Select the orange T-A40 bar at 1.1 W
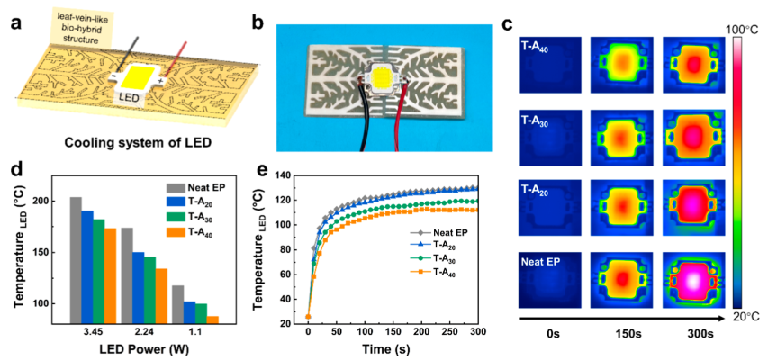point(212,319)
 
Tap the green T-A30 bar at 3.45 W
point(98,270)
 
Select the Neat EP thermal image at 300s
point(692,270)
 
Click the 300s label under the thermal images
point(693,335)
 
